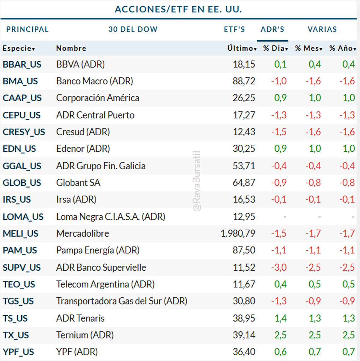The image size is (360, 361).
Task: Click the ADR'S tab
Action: (272, 29)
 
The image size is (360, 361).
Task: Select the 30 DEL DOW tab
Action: (133, 29)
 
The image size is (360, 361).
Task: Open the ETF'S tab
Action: (234, 29)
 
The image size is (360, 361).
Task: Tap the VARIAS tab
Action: (322, 29)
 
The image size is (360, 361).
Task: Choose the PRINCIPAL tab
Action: (27, 29)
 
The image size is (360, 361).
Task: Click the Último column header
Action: (241, 48)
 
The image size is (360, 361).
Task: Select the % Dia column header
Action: (275, 48)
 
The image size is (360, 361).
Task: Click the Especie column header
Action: (19, 48)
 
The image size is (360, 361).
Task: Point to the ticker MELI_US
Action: (20, 234)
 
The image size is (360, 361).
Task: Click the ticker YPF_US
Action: (18, 352)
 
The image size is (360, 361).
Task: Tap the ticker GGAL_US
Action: (22, 166)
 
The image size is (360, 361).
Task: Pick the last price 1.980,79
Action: (238, 233)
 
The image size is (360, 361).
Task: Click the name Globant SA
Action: (78, 183)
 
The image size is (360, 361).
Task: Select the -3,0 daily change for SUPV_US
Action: (279, 267)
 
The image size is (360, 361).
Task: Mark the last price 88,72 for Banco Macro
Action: (244, 81)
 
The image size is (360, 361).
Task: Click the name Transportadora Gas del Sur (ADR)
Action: (121, 301)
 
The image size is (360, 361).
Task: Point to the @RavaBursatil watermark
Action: (196, 181)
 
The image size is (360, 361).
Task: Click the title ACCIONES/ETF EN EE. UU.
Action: (178, 9)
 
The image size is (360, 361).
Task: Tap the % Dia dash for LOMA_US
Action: (285, 217)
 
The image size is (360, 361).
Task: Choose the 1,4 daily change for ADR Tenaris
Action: (280, 318)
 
